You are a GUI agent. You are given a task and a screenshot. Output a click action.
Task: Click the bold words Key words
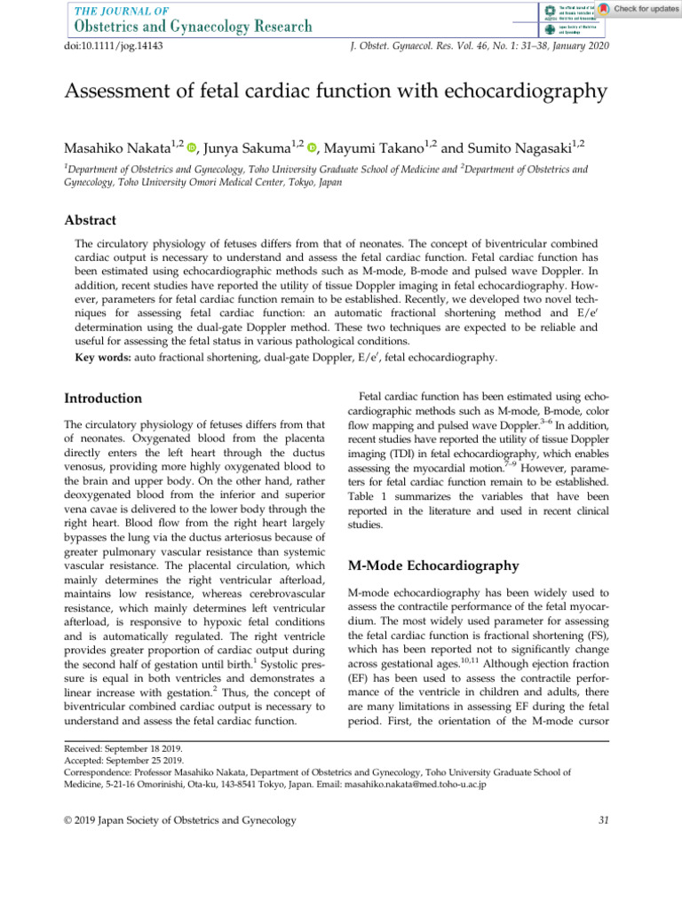pos(102,358)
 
